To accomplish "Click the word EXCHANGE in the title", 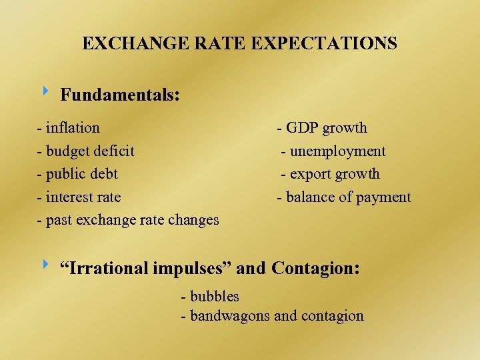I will pos(124,44).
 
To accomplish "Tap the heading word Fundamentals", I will pos(119,95).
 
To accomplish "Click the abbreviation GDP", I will pos(301,127).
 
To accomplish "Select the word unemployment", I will pos(337,151).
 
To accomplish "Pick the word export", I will pos(309,174).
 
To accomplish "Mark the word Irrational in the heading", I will pos(105,269).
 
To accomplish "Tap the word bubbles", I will pos(215,296).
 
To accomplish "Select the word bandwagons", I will pos(230,316).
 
